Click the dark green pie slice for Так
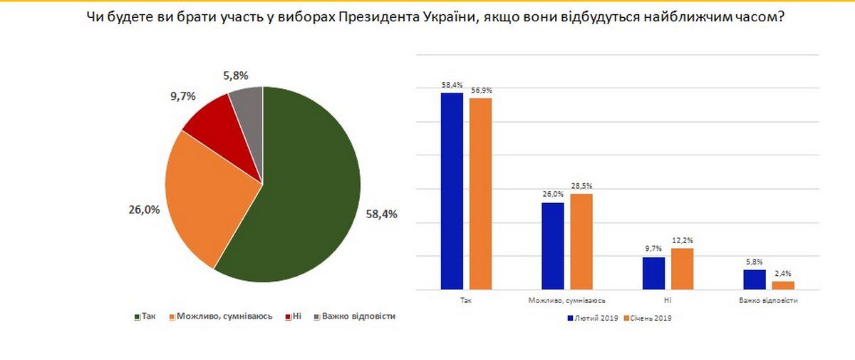point(306,192)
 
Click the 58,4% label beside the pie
point(381,214)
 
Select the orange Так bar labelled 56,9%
point(480,194)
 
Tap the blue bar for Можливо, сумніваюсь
point(553,246)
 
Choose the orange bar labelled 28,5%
point(581,242)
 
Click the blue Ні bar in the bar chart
point(653,273)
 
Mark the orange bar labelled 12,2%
point(682,269)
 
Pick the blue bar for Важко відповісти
point(755,279)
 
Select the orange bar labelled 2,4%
point(782,285)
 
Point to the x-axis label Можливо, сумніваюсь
point(567,301)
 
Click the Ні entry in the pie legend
point(296,316)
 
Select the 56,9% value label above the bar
point(481,91)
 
